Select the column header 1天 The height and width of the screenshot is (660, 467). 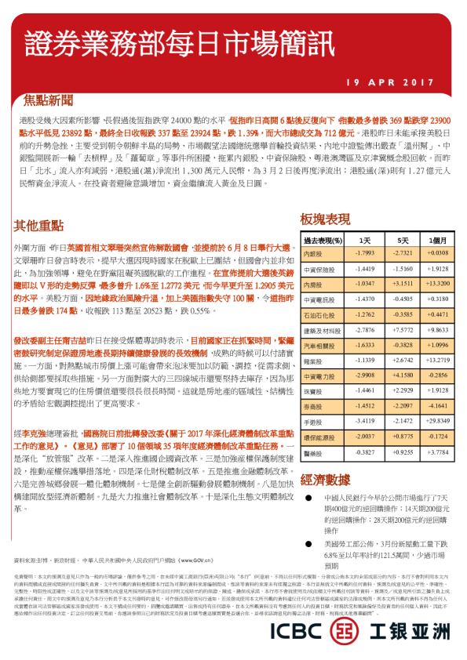click(363, 240)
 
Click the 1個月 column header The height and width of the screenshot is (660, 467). click(437, 240)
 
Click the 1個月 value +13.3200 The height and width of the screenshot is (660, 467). click(437, 282)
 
